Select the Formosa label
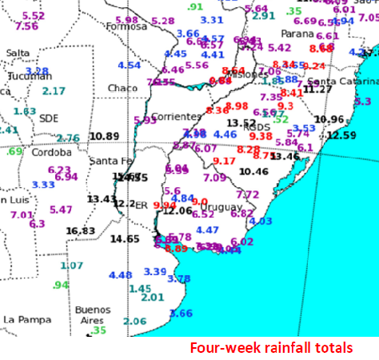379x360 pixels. [132, 26]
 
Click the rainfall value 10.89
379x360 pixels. [104, 137]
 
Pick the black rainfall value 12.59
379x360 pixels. [341, 135]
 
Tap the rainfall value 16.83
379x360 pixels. [81, 231]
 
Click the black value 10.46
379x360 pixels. [253, 171]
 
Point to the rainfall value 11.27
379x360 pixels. [317, 89]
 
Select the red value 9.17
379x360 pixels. [225, 161]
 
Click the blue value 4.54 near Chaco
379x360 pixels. [129, 66]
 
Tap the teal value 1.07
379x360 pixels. [72, 266]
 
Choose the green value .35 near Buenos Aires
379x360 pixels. [98, 330]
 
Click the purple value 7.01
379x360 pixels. [22, 215]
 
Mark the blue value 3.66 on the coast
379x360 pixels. [182, 313]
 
